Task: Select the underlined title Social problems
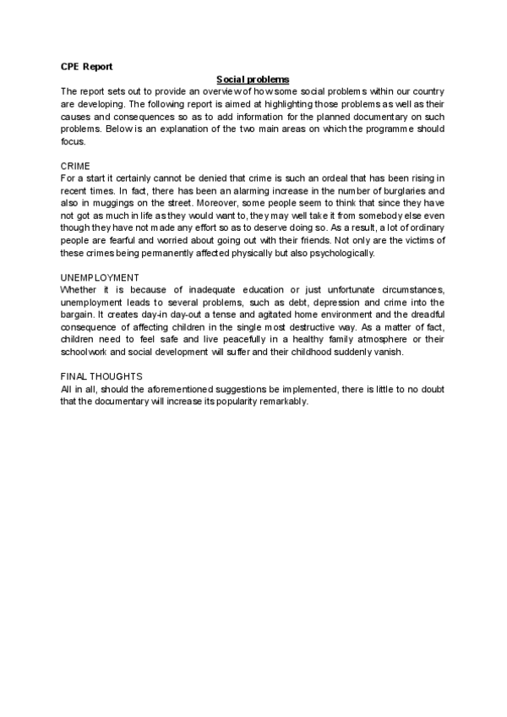point(253,79)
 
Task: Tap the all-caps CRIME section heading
point(75,166)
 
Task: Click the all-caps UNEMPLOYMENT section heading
point(100,277)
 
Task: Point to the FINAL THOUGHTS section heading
point(101,376)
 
